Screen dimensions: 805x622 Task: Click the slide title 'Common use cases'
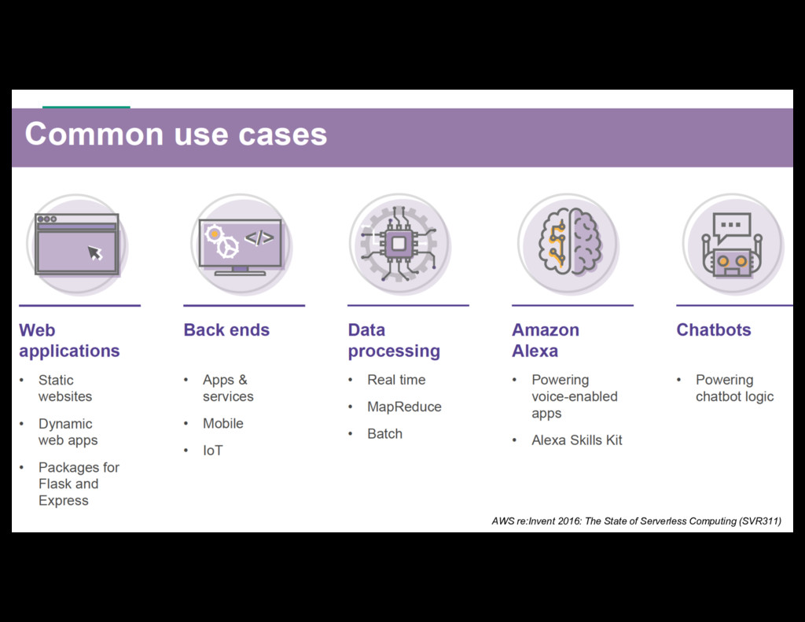(176, 134)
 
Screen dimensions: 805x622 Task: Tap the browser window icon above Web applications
(76, 244)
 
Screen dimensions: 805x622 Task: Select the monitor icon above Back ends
(240, 245)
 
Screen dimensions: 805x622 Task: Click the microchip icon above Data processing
(399, 244)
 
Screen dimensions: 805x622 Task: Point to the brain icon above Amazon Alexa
(569, 243)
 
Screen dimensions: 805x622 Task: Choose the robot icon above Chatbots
(732, 245)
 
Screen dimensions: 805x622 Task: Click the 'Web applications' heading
(69, 340)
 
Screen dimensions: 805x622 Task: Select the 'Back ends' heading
(226, 330)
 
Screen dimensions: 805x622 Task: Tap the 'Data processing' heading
(393, 340)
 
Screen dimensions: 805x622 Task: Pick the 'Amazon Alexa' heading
(545, 340)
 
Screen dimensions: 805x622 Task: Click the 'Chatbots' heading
(713, 330)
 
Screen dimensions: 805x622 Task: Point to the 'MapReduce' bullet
(404, 407)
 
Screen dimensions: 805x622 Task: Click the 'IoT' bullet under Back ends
(212, 451)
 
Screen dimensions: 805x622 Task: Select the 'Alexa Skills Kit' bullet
(576, 440)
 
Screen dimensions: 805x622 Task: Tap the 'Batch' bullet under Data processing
(384, 434)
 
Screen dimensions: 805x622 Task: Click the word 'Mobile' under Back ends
(222, 423)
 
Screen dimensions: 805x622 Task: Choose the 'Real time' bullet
(396, 380)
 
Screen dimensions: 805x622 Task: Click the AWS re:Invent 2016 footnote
(636, 521)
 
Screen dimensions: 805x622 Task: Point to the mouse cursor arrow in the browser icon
(95, 252)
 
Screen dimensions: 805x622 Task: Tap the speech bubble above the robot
(730, 226)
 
